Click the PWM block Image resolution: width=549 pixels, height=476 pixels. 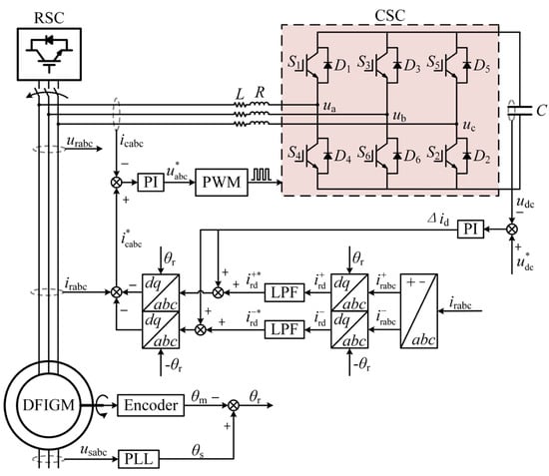(222, 183)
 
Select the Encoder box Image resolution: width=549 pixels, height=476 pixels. (151, 405)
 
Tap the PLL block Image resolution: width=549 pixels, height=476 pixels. (139, 459)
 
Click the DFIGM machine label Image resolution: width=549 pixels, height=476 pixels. (49, 405)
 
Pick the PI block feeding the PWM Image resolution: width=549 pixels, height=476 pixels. (151, 183)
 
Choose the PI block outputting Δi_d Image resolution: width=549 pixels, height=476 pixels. (470, 230)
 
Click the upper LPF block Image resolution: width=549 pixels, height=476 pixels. (284, 292)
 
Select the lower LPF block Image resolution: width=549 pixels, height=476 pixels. (284, 329)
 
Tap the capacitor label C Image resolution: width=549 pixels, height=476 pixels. (541, 111)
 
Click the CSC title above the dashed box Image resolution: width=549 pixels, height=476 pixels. (389, 15)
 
